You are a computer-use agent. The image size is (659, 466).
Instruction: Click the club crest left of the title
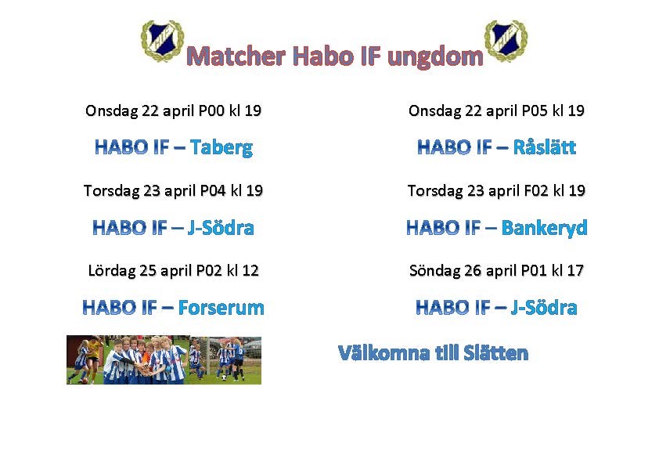point(162,41)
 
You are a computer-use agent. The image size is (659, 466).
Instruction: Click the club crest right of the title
point(506,41)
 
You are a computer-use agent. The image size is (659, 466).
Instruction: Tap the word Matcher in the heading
point(236,56)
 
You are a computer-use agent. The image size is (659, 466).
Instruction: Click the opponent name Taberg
point(221,147)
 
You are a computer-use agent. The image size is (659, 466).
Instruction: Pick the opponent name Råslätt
point(545,146)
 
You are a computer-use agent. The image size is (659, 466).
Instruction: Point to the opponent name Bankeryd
point(544,228)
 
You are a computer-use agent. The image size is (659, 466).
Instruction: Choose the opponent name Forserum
point(221,308)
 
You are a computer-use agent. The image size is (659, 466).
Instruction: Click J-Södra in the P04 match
point(221,228)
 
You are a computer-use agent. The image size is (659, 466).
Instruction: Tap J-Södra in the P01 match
point(544,308)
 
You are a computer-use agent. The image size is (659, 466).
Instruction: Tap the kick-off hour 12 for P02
point(250,270)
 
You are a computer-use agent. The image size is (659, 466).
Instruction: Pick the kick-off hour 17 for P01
point(575,270)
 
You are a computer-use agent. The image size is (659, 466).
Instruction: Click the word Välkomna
point(384,353)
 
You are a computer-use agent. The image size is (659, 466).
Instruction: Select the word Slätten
point(496,353)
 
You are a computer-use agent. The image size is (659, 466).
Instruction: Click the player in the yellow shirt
point(95,352)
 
